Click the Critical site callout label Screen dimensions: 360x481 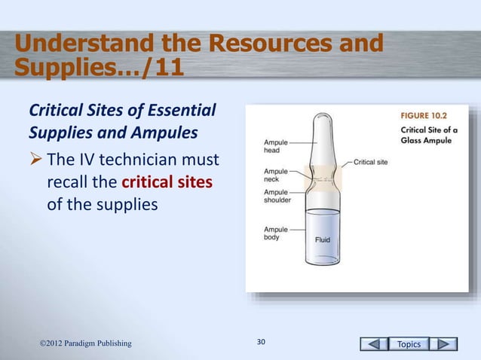(372, 161)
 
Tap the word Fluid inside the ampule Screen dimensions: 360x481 (322, 239)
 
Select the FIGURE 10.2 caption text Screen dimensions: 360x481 (424, 117)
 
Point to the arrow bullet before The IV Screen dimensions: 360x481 (35, 161)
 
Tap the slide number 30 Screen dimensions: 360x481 (261, 343)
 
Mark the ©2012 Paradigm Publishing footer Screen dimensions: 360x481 (85, 344)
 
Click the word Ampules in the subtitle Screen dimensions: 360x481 (173, 136)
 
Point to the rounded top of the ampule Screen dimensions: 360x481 (322, 118)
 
